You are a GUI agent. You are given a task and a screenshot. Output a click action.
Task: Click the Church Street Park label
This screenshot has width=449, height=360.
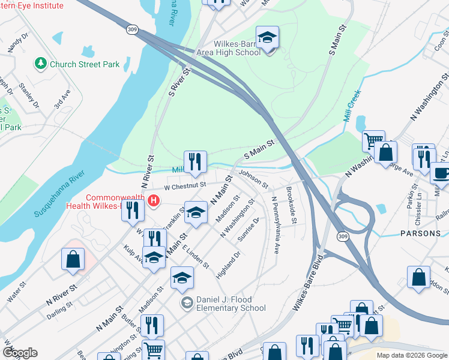point(85,64)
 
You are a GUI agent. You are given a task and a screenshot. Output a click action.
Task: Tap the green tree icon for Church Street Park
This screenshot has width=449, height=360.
point(41,64)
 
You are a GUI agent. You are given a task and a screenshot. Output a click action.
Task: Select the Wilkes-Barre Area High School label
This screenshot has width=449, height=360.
point(229,48)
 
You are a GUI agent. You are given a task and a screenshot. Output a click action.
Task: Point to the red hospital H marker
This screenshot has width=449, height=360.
point(154,200)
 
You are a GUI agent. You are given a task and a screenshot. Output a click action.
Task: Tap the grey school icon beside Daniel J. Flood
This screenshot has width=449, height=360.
point(187,303)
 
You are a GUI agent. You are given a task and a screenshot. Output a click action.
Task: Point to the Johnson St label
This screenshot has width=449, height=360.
point(252,178)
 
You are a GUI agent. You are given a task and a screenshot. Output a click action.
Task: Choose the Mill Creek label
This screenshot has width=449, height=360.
point(353,106)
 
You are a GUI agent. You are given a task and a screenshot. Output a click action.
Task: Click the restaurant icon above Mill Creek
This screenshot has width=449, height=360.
point(195,161)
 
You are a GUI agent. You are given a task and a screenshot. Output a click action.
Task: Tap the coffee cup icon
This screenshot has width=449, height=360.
point(441,173)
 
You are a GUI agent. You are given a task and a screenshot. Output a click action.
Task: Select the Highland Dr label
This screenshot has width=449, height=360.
point(229,264)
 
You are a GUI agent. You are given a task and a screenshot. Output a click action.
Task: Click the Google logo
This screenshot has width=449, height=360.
point(20,353)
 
